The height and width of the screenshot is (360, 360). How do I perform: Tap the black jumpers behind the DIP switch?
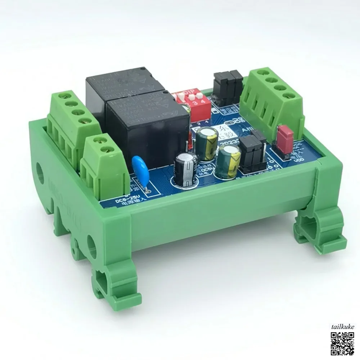(x=228, y=86)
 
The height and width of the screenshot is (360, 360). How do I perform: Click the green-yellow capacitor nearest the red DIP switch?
(x=206, y=144)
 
